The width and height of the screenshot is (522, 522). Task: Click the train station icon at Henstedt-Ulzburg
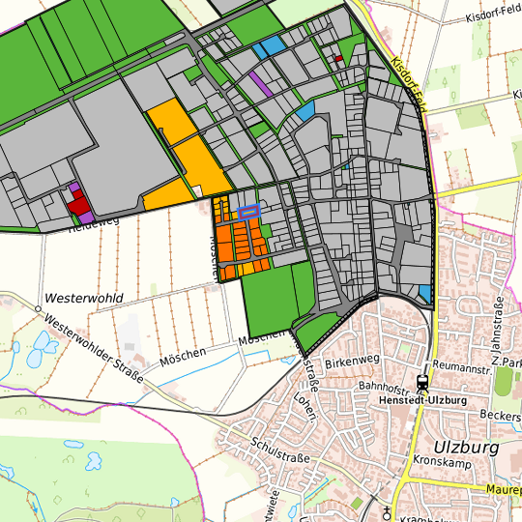point(422,382)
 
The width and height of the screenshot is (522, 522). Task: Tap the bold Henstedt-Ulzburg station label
point(423,399)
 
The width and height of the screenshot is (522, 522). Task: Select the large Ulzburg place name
point(465,447)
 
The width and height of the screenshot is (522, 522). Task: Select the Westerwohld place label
point(84,298)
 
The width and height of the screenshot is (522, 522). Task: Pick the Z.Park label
point(507,361)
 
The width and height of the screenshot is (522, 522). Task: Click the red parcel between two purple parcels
point(77,202)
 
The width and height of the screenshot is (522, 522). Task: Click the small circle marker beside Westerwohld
point(39,308)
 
